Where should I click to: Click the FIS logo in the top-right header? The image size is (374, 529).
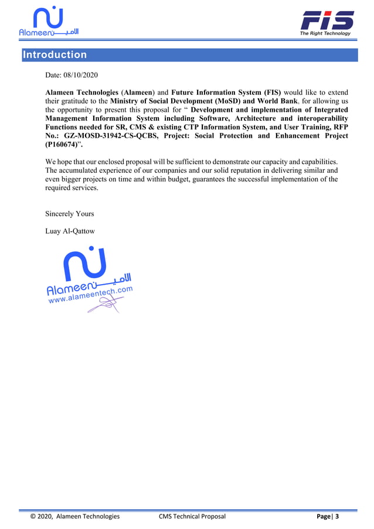pyautogui.click(x=327, y=21)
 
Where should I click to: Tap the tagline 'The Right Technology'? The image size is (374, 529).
pyautogui.click(x=325, y=33)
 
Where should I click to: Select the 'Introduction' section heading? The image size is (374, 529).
pyautogui.click(x=55, y=55)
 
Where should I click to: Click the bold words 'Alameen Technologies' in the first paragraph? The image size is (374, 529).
pyautogui.click(x=81, y=93)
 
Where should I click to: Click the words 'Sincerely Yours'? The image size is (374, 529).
pyautogui.click(x=69, y=214)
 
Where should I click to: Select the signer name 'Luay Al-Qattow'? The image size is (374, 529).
pyautogui.click(x=70, y=231)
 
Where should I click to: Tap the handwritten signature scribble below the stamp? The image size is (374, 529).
pyautogui.click(x=104, y=305)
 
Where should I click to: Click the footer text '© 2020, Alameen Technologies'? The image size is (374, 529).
pyautogui.click(x=74, y=516)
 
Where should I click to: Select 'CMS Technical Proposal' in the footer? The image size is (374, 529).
pyautogui.click(x=192, y=516)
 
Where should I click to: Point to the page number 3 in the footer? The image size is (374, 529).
pyautogui.click(x=337, y=516)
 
